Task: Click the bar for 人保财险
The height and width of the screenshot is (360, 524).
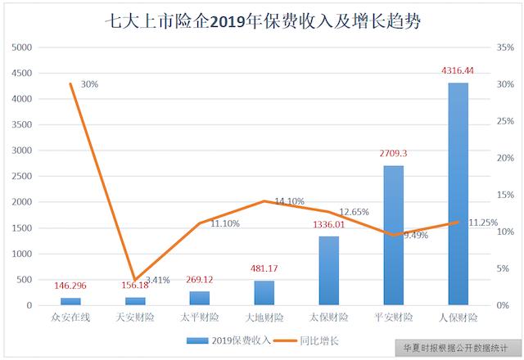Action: pos(458,194)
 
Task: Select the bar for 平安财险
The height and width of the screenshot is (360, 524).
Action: pos(393,236)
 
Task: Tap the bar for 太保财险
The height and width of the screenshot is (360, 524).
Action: pos(328,271)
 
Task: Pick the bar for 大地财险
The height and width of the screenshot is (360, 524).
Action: pos(264,293)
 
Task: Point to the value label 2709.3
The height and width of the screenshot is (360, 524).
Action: pos(394,153)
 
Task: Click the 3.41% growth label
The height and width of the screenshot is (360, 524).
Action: pos(155,280)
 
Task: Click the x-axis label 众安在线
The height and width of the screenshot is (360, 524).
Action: pos(70,317)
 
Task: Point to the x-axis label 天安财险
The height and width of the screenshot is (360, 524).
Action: pos(135,317)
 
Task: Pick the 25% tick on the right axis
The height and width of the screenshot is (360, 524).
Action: pos(507,121)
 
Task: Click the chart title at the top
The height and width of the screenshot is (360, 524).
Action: pos(262,20)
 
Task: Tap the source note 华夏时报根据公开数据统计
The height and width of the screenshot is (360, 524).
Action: pos(455,347)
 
